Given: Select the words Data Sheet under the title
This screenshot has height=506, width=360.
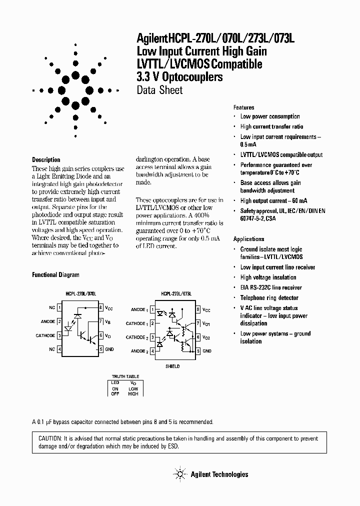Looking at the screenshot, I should click(x=159, y=90).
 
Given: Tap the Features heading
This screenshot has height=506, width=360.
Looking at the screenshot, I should click(x=243, y=107).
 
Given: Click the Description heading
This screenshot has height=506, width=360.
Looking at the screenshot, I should click(x=46, y=160).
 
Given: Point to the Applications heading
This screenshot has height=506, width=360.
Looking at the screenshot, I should click(x=248, y=239).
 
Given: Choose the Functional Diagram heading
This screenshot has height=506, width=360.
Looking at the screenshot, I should click(x=55, y=275).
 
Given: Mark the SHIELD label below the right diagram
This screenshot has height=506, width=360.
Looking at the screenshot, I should click(x=172, y=366).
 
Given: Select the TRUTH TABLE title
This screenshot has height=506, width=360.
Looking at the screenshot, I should click(x=125, y=376).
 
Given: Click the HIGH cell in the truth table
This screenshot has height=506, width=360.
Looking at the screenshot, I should click(x=132, y=393).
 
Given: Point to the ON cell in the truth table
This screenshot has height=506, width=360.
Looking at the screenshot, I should click(x=115, y=388).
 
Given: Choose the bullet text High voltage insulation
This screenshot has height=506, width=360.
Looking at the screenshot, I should click(x=268, y=277).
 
